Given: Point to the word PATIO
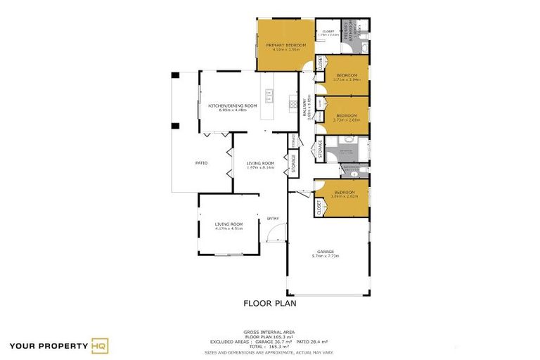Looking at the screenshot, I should (x=200, y=163).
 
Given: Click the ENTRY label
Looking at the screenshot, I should (x=272, y=218).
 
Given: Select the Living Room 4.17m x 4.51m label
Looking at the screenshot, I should (x=229, y=226).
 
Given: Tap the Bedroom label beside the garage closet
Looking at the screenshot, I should (x=345, y=194).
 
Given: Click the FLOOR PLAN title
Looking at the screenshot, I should (x=270, y=304).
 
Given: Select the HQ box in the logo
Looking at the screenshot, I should (x=100, y=345).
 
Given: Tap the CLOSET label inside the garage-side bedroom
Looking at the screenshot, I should (x=319, y=207).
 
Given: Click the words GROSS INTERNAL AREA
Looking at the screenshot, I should (x=269, y=331).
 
